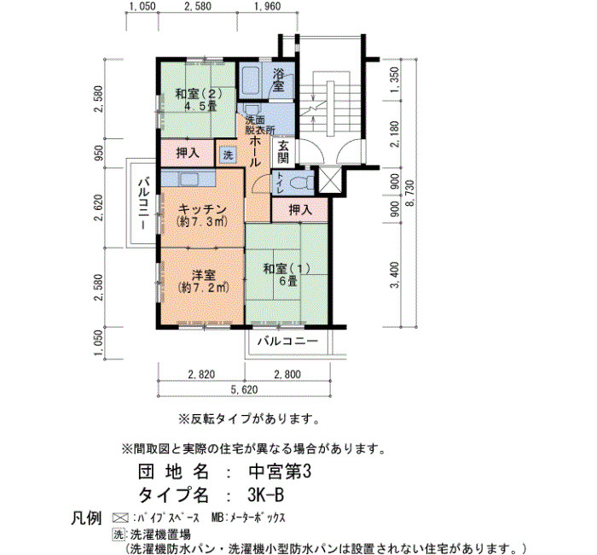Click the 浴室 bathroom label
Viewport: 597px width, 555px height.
click(278, 79)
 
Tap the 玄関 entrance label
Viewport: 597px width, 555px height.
click(283, 152)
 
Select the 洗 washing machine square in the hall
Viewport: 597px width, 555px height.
click(228, 155)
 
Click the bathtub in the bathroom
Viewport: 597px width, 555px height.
click(251, 80)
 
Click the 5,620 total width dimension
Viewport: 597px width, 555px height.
click(244, 390)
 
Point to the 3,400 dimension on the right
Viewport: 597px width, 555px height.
click(395, 275)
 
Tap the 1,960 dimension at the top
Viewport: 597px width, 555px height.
click(267, 7)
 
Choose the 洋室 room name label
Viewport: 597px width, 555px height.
click(203, 274)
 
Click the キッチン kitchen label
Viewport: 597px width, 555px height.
click(202, 209)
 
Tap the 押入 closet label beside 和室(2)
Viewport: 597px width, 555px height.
click(188, 153)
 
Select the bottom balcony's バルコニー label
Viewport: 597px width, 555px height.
click(287, 341)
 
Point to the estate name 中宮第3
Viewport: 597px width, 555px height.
click(280, 472)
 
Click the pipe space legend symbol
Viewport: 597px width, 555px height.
click(119, 518)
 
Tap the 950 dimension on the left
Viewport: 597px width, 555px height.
click(100, 153)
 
